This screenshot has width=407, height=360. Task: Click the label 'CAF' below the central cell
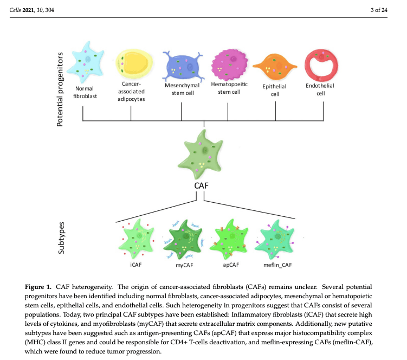pos(202,187)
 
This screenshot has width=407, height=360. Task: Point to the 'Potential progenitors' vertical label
pos(61,89)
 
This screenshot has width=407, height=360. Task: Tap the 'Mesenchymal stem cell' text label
pos(182,88)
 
